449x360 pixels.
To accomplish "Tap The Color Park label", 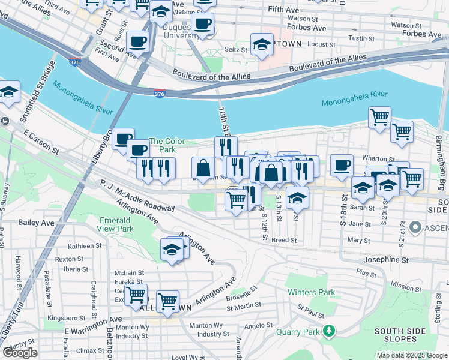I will click(162, 145).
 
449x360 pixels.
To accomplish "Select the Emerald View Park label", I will click(116, 224).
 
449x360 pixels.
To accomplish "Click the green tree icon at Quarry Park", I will click(328, 331).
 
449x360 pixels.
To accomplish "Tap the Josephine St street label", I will click(385, 260).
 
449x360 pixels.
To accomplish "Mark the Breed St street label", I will click(284, 240).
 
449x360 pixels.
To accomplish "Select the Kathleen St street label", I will click(85, 246).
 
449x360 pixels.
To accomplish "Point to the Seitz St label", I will click(235, 50).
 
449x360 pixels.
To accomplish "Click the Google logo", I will click(20, 353).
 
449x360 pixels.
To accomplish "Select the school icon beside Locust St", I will click(262, 45).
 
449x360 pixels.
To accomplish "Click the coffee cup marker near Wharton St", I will click(342, 165).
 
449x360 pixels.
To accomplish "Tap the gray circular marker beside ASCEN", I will click(415, 228).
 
